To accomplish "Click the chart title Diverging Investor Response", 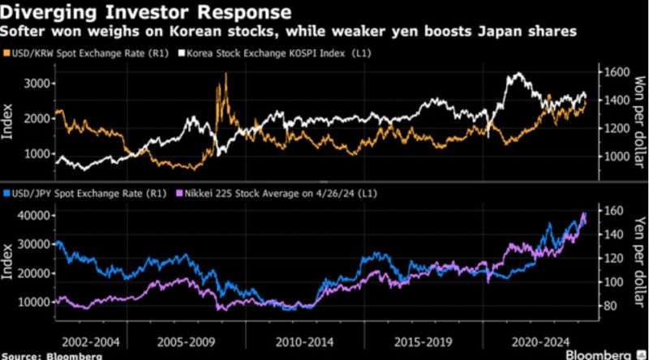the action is [x=146, y=11].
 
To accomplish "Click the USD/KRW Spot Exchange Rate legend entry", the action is [x=86, y=54].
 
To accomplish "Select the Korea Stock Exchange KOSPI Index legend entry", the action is [x=275, y=54].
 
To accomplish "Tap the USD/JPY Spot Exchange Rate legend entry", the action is [x=84, y=193].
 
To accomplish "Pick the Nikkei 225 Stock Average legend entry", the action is [x=277, y=193].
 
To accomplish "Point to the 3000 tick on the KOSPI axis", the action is [x=37, y=84].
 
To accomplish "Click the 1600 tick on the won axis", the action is [x=617, y=72].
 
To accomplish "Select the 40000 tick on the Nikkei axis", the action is [x=35, y=215].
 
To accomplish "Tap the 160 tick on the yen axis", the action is [x=613, y=211].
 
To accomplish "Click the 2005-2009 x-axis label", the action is [x=187, y=342].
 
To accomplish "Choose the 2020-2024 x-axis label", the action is [x=540, y=342].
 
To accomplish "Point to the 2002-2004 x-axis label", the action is [x=91, y=342].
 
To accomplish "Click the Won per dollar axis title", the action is [x=639, y=122].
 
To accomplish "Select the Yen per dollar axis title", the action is [x=639, y=262].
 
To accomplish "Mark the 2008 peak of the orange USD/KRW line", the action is [x=226, y=73].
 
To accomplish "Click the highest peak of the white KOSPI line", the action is [x=518, y=74].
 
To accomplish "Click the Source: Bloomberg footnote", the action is [x=52, y=356].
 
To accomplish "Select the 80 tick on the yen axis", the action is [x=610, y=306].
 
